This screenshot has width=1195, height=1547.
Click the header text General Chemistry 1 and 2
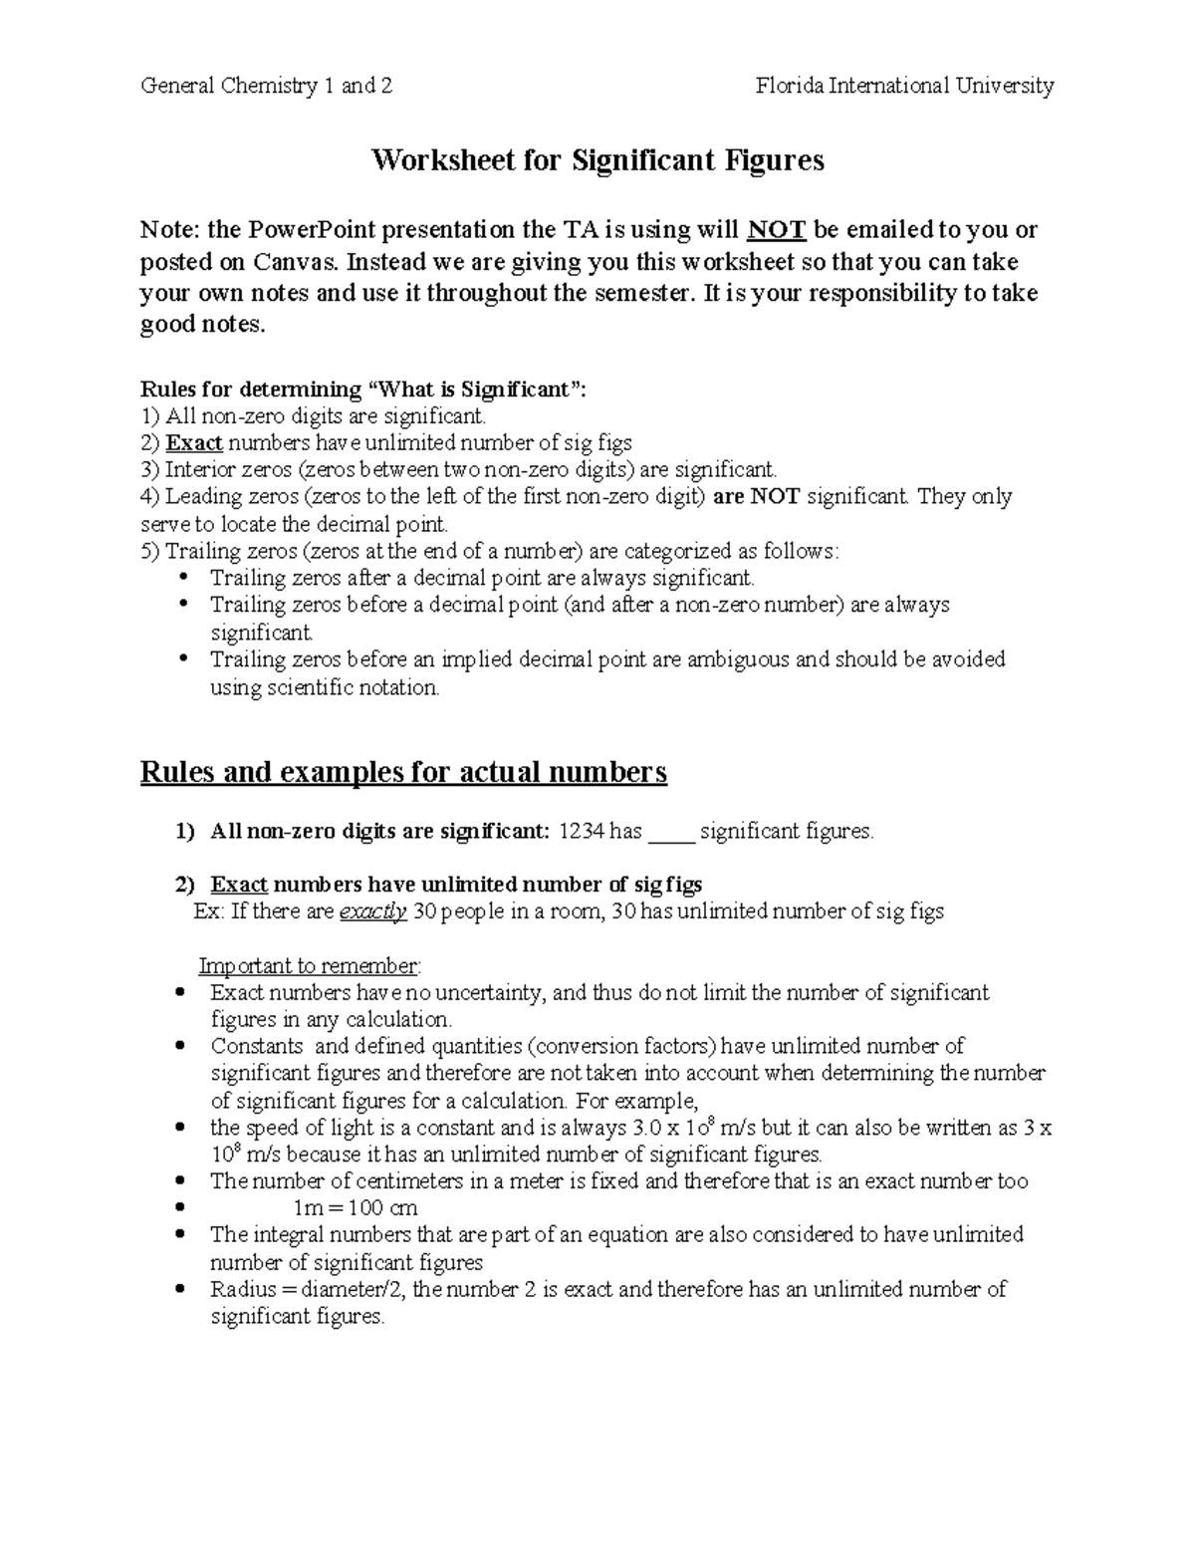(266, 86)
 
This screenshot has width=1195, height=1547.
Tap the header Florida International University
(904, 86)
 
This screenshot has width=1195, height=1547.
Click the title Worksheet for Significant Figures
(597, 160)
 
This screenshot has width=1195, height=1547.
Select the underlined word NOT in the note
(776, 231)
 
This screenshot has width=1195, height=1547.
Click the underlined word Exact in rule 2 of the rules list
(194, 442)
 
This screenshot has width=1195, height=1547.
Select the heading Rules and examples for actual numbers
(403, 772)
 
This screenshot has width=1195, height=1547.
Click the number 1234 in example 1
(581, 831)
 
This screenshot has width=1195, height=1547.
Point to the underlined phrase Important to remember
(310, 966)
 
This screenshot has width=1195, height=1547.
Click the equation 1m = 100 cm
(356, 1208)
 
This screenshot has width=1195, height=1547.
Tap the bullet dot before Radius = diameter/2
(179, 1290)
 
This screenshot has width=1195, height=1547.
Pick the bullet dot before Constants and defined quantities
(179, 1047)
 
